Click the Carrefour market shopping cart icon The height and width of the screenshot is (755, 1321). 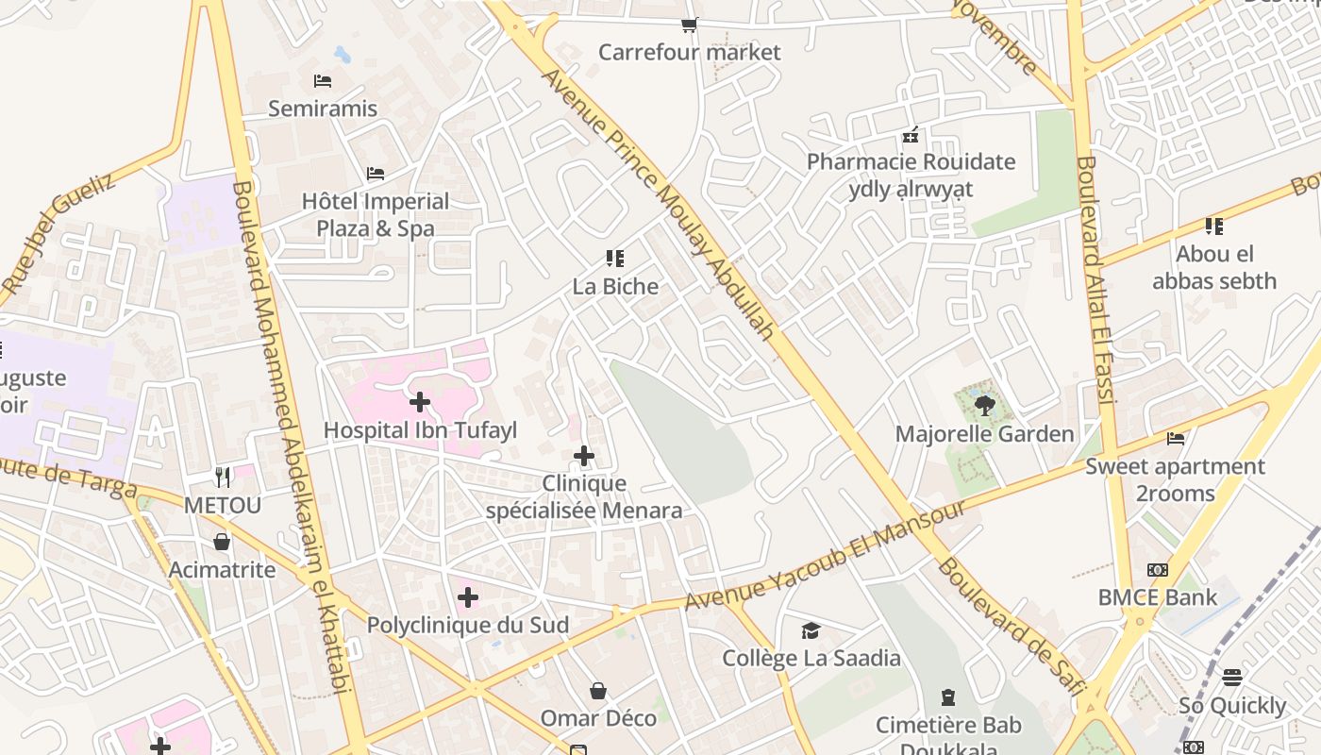tap(690, 25)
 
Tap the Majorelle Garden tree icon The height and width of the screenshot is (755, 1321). tap(984, 406)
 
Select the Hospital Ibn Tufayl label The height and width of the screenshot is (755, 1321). tap(420, 430)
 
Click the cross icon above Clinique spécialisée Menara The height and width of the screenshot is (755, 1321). tap(584, 457)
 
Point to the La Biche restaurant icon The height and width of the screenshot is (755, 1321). tap(615, 259)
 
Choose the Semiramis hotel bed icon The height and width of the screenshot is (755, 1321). tap(323, 81)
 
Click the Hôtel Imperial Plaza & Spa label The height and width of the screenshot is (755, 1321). tap(376, 214)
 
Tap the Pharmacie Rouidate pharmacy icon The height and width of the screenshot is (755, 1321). tap(911, 135)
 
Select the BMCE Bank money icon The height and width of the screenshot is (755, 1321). tap(1158, 570)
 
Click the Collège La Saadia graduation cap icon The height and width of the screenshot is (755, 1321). tap(811, 630)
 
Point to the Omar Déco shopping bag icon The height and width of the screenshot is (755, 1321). tap(598, 691)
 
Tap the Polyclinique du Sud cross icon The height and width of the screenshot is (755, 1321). tap(468, 597)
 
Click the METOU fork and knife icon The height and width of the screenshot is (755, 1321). tap(222, 478)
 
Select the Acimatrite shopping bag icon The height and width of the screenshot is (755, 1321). tap(222, 542)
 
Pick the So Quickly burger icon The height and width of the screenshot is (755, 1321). tap(1232, 678)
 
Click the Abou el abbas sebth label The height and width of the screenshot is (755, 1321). tap(1214, 267)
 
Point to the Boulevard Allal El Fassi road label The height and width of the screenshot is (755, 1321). tap(1096, 279)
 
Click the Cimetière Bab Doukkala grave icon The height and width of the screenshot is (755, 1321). tap(948, 697)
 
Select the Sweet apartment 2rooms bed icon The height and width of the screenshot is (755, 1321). tap(1176, 438)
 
